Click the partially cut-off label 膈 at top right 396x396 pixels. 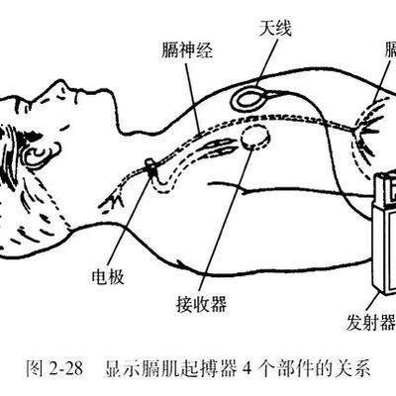(389, 49)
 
